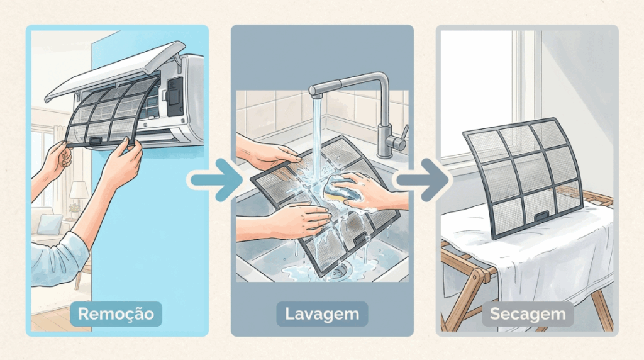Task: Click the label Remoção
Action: (x=116, y=314)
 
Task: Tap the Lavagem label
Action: (x=322, y=314)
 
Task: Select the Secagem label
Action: (x=528, y=314)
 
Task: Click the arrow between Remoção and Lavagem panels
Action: (x=217, y=179)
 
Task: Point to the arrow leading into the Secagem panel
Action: (x=423, y=179)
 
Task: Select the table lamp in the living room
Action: (x=79, y=193)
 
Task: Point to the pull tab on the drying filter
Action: (x=541, y=216)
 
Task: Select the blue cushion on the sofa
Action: (x=49, y=225)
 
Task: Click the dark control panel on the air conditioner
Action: (x=175, y=96)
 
